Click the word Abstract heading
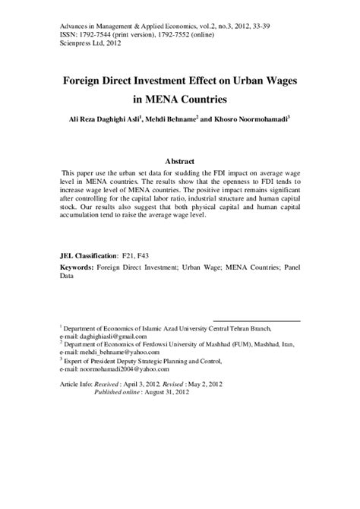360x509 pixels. click(179, 162)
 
